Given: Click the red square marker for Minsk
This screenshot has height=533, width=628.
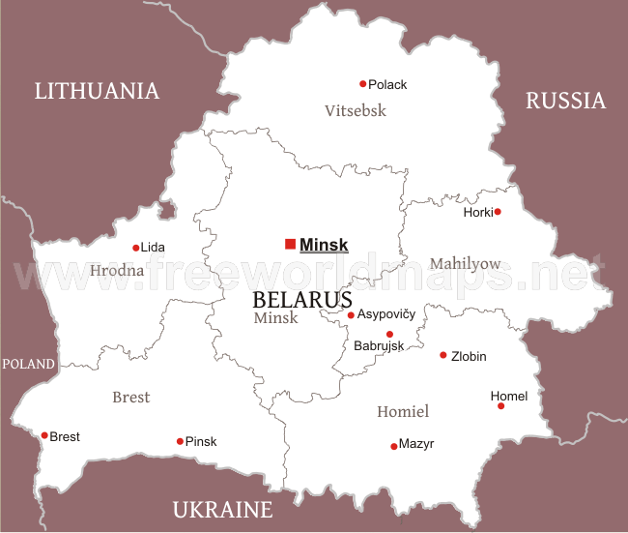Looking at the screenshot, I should [290, 245].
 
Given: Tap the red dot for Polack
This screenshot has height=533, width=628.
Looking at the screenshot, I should [363, 84].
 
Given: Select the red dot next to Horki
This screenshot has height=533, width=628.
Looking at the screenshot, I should [498, 212].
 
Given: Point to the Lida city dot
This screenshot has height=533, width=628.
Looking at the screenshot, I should [136, 248].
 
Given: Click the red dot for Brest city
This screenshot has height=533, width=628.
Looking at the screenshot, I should [44, 435].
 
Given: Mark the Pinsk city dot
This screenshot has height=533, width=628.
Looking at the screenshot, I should [180, 441].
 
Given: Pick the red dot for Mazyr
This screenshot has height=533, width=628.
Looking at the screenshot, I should [393, 446].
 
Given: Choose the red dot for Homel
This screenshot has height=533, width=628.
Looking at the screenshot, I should [500, 406].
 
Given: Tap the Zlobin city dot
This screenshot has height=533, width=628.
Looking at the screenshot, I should [443, 355].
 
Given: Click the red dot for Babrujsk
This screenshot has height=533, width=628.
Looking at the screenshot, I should [389, 334].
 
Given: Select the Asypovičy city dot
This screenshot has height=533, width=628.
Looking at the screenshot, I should [351, 314].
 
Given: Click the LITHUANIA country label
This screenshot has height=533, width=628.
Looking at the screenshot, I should [97, 91].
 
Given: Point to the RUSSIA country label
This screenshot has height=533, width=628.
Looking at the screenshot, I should [565, 100].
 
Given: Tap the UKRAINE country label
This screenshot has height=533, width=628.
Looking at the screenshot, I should [222, 510].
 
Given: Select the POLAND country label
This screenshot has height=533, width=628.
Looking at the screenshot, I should [29, 364].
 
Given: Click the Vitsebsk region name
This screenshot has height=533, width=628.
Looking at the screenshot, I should [356, 110].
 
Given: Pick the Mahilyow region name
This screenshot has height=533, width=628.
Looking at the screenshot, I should [466, 263].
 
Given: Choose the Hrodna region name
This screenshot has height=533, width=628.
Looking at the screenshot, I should [117, 270].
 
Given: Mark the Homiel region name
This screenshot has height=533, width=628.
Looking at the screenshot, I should [403, 411].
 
